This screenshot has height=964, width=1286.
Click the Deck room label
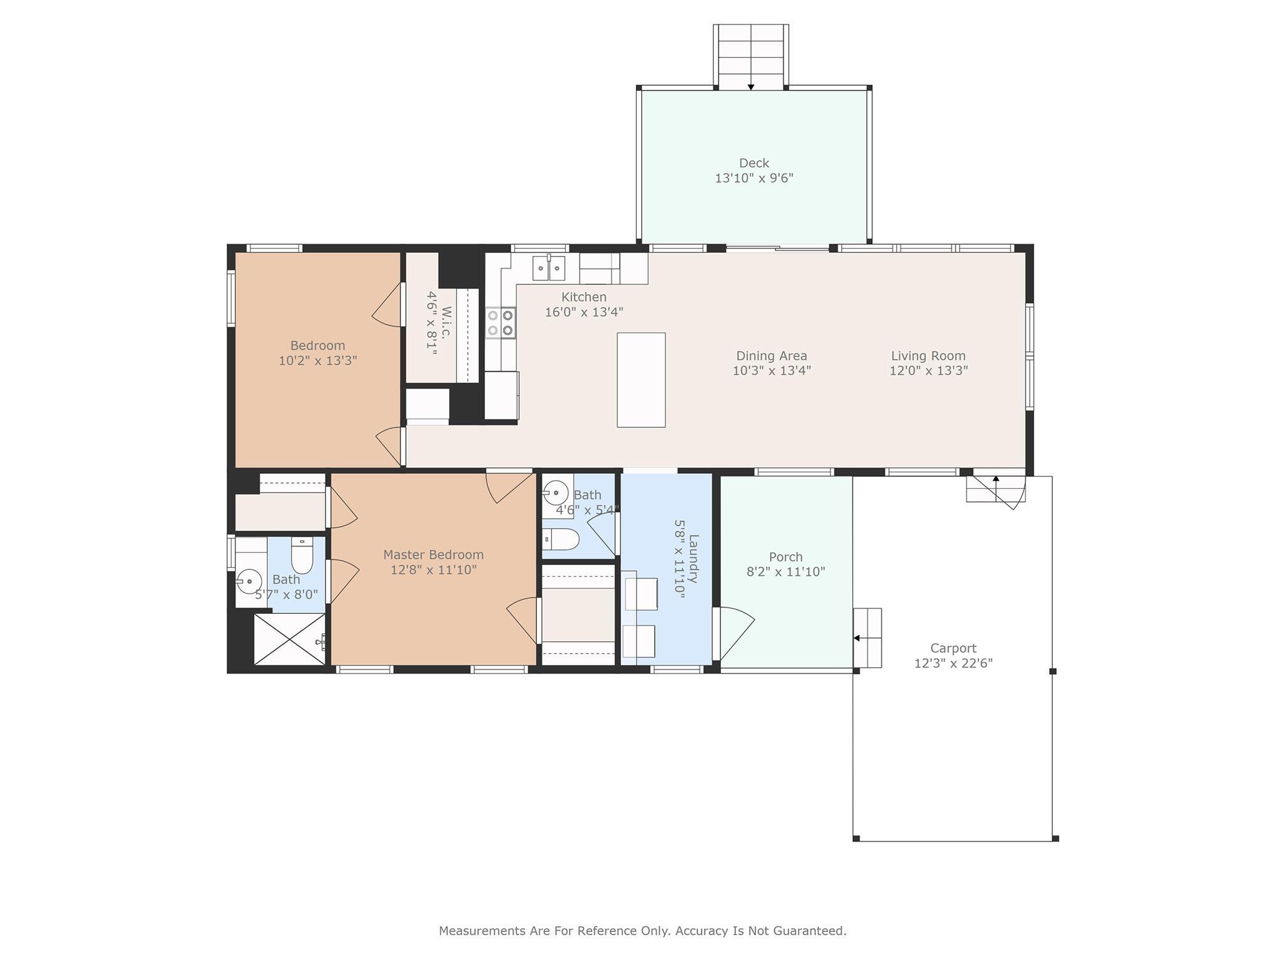point(754,163)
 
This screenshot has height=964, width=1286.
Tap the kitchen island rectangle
point(641,380)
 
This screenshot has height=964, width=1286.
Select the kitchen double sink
point(548,269)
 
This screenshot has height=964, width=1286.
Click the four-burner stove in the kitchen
point(500,323)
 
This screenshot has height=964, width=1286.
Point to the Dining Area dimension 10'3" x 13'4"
point(771,371)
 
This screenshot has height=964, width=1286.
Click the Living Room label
point(928,356)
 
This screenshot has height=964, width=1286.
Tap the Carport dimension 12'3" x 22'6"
point(953,663)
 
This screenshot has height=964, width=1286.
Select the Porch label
point(786,557)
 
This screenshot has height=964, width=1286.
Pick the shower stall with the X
point(289,639)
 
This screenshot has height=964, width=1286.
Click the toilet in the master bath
point(302,557)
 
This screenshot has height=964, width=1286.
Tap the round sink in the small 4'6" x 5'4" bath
point(556,493)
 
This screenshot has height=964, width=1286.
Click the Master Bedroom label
point(433,555)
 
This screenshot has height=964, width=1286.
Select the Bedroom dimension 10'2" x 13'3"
point(318,361)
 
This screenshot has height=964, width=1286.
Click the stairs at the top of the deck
point(750,57)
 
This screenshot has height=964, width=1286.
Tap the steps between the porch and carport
point(868,638)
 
